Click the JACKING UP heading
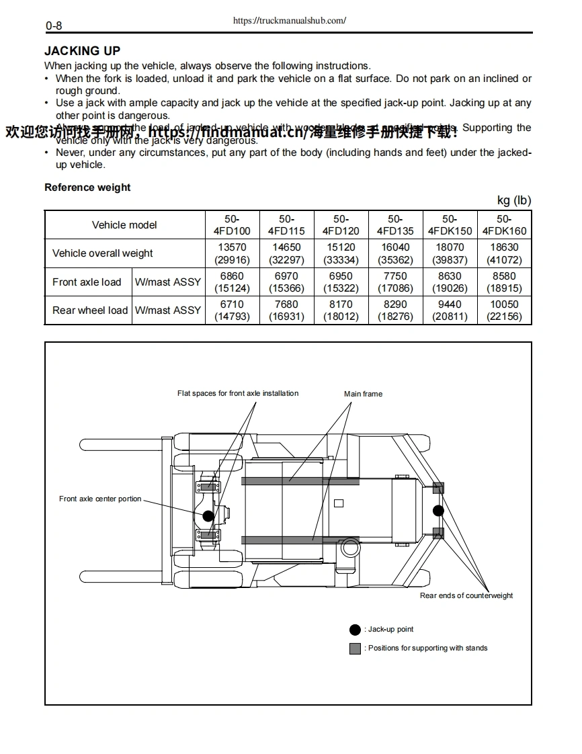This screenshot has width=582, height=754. [x=82, y=51]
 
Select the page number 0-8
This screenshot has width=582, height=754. [x=54, y=26]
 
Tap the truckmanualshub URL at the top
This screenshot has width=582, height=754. [x=289, y=21]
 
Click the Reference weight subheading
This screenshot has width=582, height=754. [x=87, y=187]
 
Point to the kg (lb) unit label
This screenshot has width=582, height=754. [x=513, y=200]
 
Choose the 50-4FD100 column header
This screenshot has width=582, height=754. [x=232, y=224]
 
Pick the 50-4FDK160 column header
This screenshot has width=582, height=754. [x=504, y=224]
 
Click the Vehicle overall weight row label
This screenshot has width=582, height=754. [x=102, y=253]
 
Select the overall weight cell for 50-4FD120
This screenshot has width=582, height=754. [x=341, y=253]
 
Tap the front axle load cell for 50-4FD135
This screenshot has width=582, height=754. [x=395, y=282]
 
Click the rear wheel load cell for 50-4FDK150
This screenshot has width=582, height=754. [x=450, y=310]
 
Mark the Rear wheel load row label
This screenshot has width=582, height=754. [x=89, y=310]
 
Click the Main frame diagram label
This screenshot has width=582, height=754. [x=363, y=394]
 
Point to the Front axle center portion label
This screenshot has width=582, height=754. [x=100, y=499]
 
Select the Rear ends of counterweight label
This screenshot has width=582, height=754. [x=466, y=595]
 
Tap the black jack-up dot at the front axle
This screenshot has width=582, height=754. [x=209, y=515]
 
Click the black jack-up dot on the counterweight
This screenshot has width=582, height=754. [x=438, y=510]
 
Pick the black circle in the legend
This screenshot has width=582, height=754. [x=355, y=630]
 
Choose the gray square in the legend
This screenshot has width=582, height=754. [x=355, y=648]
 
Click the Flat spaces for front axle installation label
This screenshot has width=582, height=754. [x=238, y=393]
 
